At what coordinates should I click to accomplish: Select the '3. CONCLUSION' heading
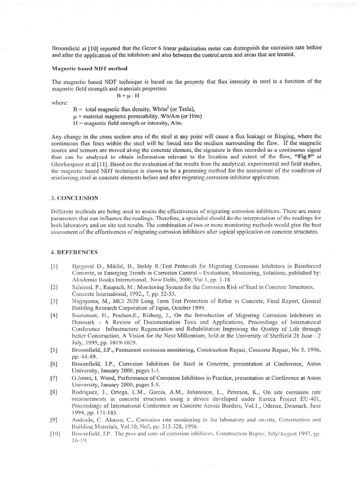(x=75, y=198)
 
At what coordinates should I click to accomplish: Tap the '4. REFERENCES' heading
(x=74, y=252)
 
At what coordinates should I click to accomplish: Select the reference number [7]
(x=55, y=372)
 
